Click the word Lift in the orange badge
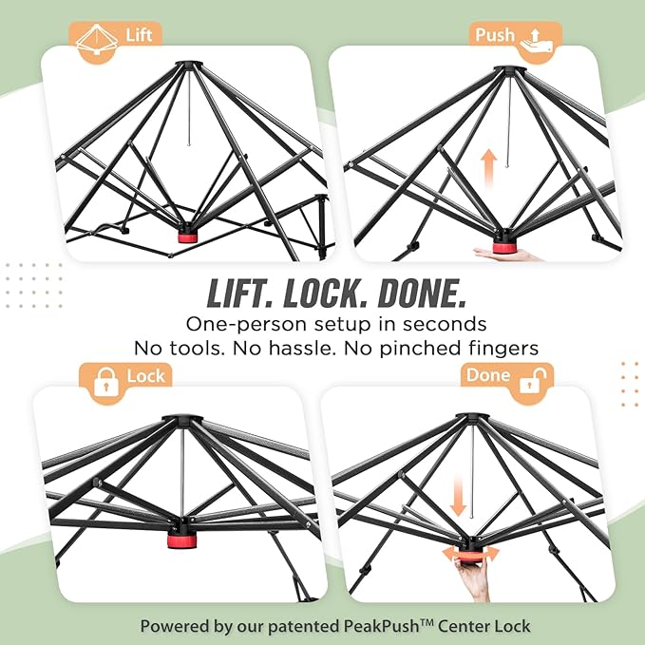139,35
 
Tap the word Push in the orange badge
495,35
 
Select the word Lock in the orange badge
145,376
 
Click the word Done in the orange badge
488,375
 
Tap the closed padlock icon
106,382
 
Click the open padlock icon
533,380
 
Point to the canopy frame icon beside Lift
97,41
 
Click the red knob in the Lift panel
187,237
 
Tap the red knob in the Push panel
502,247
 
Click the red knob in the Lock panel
181,541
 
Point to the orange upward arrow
488,168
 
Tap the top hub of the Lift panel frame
189,65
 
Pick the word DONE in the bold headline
423,294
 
